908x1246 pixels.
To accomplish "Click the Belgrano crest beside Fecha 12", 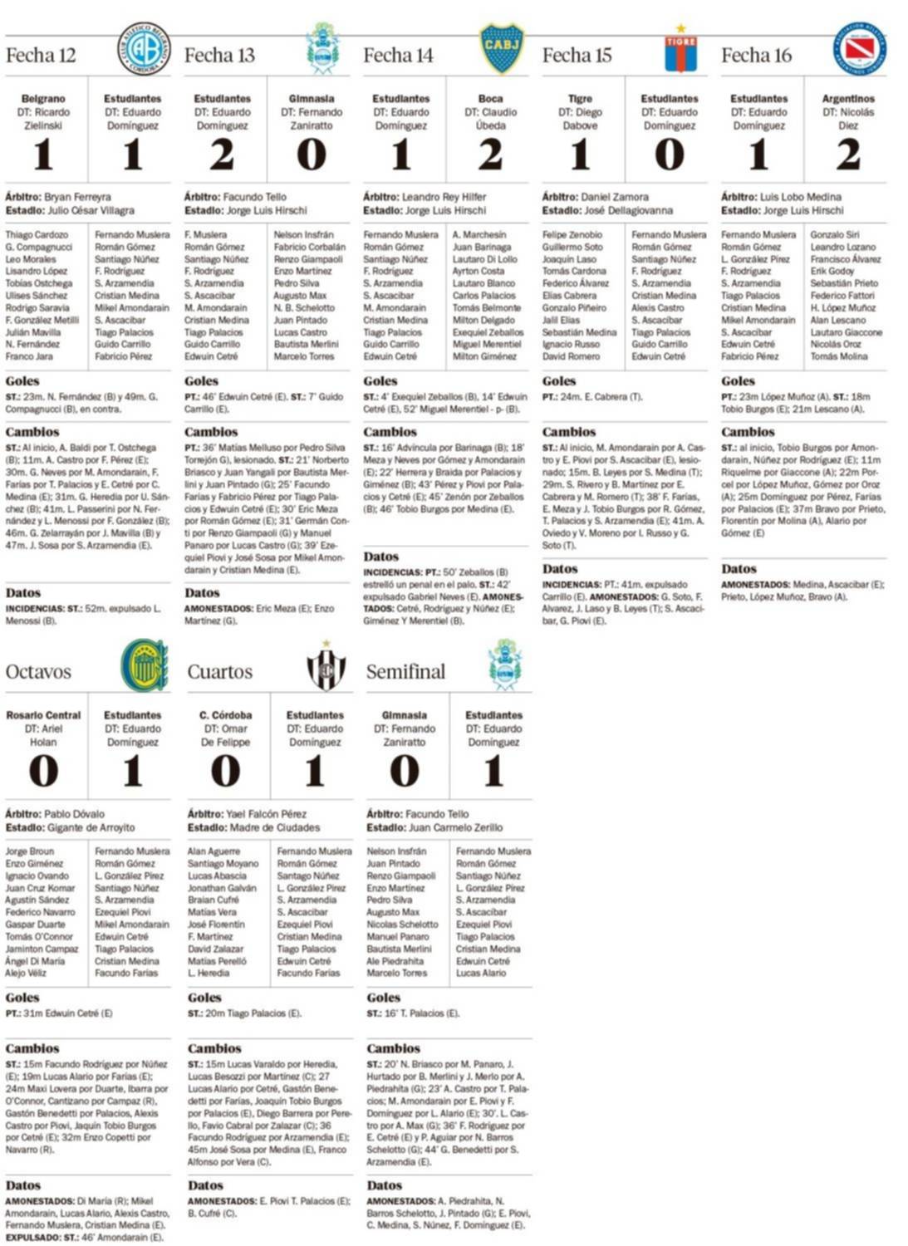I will click(144, 50).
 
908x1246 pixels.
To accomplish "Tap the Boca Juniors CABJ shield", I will click(502, 48).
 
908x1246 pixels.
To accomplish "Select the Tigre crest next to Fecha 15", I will click(680, 50).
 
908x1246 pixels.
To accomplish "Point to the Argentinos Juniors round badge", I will click(860, 49).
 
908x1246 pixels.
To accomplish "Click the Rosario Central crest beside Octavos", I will click(144, 665).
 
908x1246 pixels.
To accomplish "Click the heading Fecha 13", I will click(219, 56).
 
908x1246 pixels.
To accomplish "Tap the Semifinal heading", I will click(405, 671).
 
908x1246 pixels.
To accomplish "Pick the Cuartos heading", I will click(219, 671).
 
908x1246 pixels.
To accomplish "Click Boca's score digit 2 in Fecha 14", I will click(490, 155).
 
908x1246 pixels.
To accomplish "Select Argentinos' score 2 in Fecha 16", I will click(847, 155).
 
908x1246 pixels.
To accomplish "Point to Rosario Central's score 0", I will click(43, 772).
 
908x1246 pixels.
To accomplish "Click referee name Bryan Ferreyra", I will click(76, 197).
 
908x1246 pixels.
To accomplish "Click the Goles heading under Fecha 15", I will click(559, 381).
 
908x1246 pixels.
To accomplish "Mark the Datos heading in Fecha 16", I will click(739, 569).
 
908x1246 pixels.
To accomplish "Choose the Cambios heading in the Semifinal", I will click(393, 1048).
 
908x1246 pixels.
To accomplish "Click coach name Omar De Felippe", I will click(225, 735).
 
